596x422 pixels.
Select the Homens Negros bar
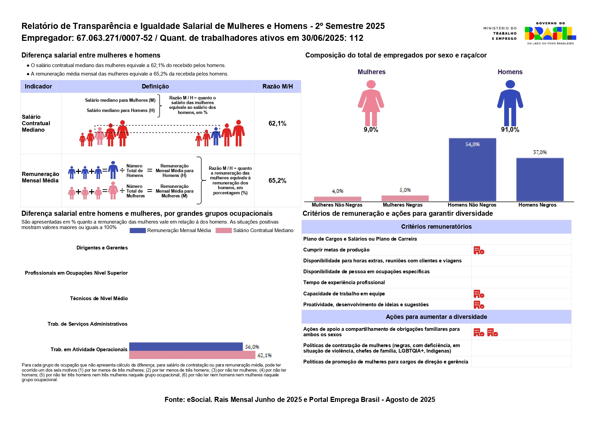[540, 179]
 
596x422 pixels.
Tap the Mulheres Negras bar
[405, 198]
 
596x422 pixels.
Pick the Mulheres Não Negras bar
[337, 199]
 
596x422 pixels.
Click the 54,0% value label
[472, 144]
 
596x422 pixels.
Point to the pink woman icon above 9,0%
[371, 103]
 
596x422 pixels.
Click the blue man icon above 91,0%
[510, 103]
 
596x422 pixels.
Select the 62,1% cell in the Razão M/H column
[277, 124]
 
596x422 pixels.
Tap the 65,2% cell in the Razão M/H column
[277, 181]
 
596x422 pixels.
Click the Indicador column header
[38, 86]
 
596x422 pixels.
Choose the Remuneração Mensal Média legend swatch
[138, 230]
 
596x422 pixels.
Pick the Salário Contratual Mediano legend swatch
[224, 230]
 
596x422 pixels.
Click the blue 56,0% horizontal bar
[186, 346]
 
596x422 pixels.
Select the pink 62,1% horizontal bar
[192, 355]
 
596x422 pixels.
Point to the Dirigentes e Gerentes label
[102, 248]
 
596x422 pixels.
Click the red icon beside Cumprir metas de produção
[479, 250]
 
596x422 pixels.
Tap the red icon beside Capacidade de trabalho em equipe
[479, 294]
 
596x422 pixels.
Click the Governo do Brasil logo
[550, 33]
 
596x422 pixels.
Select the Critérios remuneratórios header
[436, 227]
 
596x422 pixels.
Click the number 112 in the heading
[356, 38]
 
